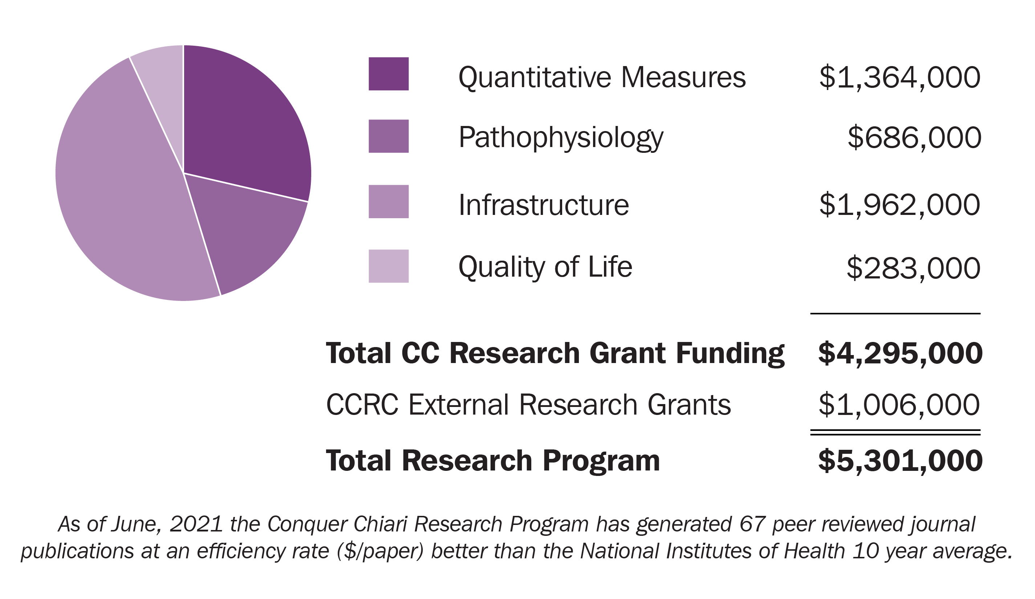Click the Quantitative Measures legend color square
[388, 74]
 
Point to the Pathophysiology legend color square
[388, 136]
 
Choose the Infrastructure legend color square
[388, 201]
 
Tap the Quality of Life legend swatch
[388, 266]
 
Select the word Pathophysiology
[561, 138]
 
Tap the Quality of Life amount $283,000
[913, 268]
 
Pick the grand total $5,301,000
[900, 461]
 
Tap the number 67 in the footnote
[752, 524]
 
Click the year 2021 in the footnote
[196, 524]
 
